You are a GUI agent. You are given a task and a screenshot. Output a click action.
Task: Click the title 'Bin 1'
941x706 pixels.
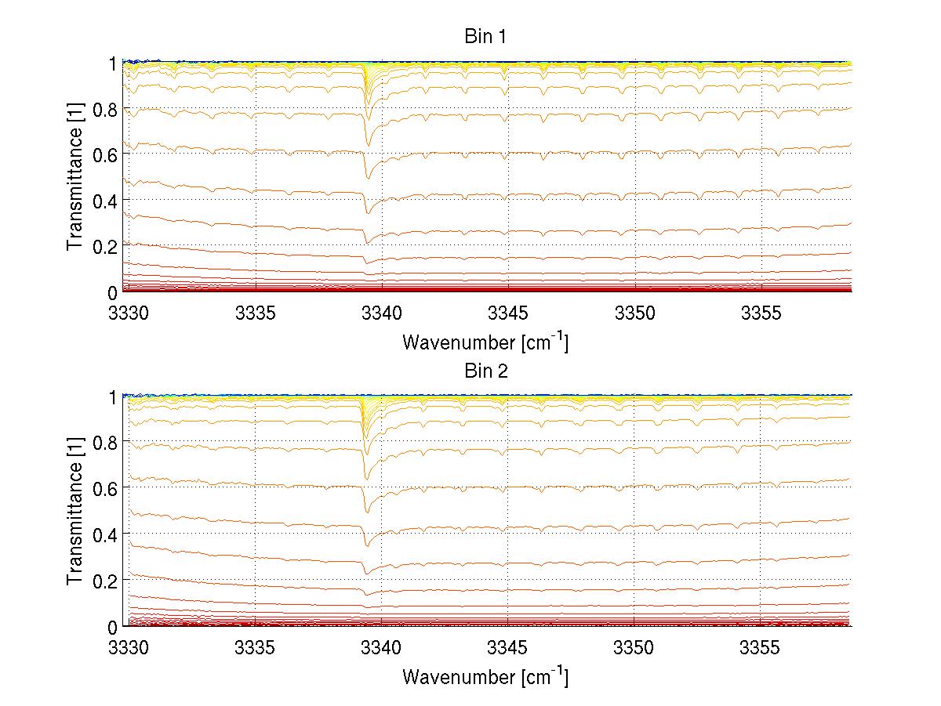click(485, 36)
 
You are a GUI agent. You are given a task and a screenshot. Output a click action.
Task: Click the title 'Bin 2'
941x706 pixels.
click(485, 371)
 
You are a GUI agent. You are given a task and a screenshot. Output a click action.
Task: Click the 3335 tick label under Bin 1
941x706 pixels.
click(255, 314)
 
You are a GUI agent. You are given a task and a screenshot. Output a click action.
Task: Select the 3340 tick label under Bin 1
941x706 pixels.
click(382, 314)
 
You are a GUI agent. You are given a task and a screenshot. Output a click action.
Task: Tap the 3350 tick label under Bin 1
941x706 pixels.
click(634, 314)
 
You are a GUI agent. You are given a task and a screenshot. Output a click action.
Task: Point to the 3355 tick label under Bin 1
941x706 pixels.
click(761, 314)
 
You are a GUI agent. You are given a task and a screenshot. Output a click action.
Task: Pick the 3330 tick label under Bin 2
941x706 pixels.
click(129, 649)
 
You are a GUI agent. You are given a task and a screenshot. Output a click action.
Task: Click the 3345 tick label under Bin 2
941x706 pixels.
click(508, 649)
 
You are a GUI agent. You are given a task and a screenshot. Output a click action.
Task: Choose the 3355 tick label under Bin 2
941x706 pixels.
click(761, 649)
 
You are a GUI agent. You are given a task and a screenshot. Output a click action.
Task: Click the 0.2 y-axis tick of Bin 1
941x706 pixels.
click(105, 246)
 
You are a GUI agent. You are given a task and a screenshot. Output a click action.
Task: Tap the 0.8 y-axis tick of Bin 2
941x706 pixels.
click(105, 443)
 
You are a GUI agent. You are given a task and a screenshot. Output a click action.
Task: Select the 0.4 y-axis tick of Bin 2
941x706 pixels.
click(105, 534)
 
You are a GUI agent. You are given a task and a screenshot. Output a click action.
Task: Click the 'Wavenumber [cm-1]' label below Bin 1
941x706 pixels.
click(485, 342)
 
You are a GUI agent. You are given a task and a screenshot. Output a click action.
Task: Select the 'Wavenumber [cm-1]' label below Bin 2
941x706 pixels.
click(485, 676)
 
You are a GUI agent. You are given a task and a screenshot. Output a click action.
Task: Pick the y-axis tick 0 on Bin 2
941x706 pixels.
click(113, 627)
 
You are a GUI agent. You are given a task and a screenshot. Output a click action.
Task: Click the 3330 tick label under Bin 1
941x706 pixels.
click(129, 314)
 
